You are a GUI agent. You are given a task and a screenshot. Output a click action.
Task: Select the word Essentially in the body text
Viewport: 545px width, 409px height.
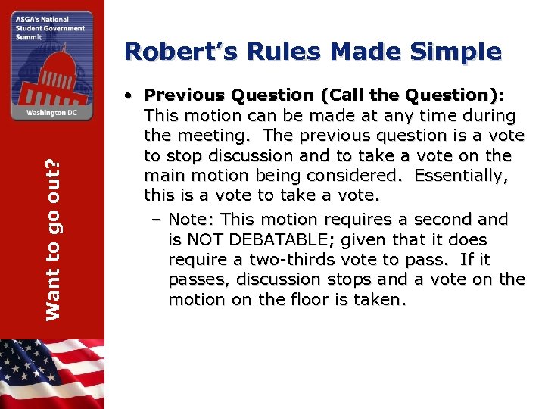(460, 176)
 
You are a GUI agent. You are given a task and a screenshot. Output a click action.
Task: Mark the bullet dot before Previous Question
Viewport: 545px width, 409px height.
(131, 96)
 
